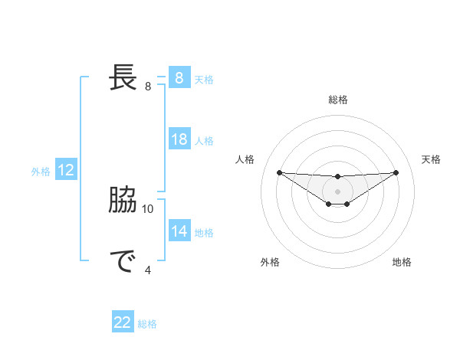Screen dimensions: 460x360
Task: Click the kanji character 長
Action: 123,77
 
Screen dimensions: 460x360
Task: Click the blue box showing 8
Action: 179,77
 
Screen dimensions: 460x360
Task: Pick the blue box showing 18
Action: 179,139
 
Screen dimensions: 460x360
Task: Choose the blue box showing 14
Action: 179,231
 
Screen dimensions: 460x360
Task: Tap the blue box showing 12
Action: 65,170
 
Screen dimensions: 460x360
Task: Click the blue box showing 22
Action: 123,322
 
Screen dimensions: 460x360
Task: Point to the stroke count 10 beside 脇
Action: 148,208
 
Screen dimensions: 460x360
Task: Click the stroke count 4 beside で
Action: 148,269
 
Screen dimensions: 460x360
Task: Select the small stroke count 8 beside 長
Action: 148,86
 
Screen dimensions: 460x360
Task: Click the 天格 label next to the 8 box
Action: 204,79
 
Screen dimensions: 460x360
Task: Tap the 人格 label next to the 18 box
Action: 204,141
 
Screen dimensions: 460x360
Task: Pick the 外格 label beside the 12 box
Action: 41,172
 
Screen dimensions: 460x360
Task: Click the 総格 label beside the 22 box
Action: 147,324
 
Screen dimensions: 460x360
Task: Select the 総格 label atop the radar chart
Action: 337,100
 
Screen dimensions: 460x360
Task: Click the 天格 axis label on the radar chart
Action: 431,159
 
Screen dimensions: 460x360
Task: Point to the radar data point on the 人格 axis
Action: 279,172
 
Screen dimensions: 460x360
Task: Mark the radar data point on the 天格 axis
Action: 396,172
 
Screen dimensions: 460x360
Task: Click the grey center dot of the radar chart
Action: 337,191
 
